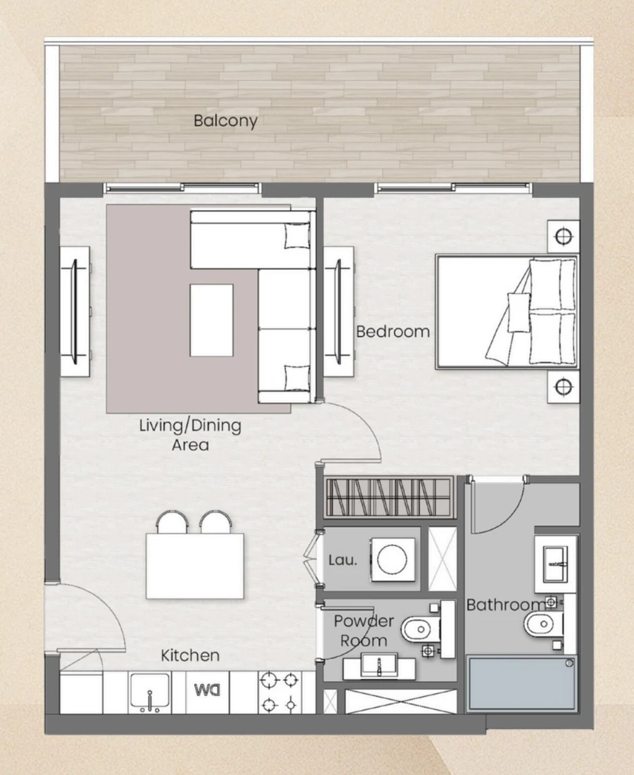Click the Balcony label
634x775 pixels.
tap(225, 120)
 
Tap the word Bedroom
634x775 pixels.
tap(392, 331)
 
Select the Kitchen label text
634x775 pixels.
tap(190, 655)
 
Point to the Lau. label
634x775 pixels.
tap(343, 561)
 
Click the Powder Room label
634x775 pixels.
tap(363, 631)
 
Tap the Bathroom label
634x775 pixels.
tap(505, 604)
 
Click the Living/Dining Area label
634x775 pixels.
tap(189, 435)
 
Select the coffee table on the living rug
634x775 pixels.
tap(211, 319)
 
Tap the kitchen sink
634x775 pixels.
tap(149, 692)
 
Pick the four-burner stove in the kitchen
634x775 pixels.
tap(278, 691)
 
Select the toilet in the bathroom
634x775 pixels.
tap(540, 623)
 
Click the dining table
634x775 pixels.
tap(195, 566)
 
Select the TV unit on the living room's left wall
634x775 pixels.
tap(74, 311)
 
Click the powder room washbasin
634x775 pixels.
tap(379, 666)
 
